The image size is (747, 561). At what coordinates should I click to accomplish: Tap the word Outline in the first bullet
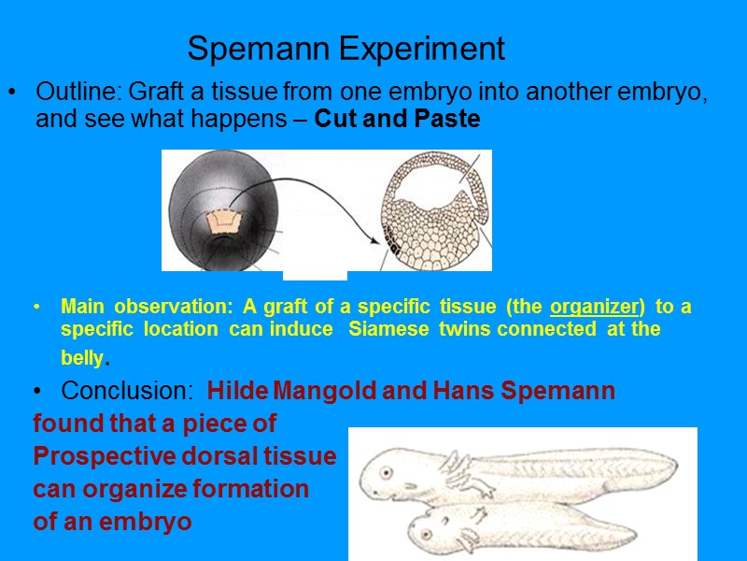point(78,93)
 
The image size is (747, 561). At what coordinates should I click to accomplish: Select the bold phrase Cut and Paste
point(398,120)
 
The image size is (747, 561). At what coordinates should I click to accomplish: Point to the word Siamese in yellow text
point(381,329)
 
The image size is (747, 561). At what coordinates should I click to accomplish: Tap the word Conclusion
point(128,391)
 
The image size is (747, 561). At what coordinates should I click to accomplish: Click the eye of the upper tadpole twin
point(383,472)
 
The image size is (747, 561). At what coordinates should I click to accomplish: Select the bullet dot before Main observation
point(36,307)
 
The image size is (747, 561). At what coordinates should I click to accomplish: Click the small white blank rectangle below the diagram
point(315,275)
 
